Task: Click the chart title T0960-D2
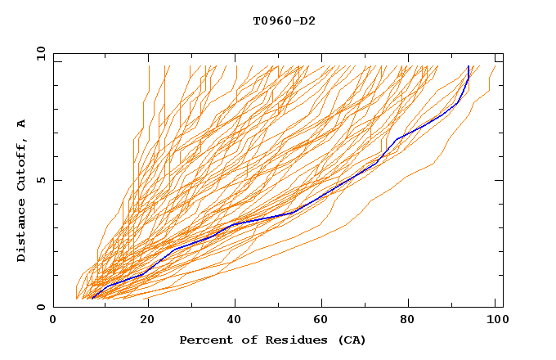(x=284, y=20)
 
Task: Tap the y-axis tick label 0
(x=41, y=308)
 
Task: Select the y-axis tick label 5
(x=41, y=180)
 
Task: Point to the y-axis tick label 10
(x=38, y=53)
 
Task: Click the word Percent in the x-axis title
(x=204, y=340)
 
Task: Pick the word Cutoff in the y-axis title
(x=22, y=167)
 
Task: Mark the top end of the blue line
(x=468, y=66)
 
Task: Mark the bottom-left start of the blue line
(x=92, y=299)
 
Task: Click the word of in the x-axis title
(x=241, y=340)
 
